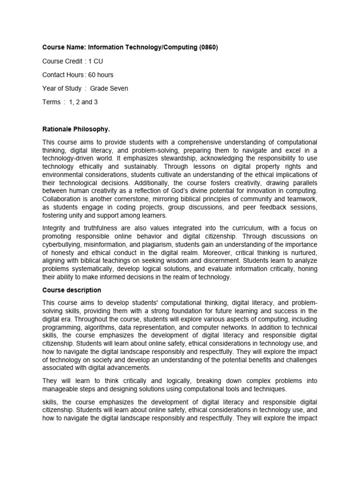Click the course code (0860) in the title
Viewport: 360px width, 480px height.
pos(208,47)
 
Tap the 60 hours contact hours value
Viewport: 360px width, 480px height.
pos(101,75)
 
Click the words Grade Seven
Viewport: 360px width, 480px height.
pos(109,88)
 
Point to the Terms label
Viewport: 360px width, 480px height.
pos(52,102)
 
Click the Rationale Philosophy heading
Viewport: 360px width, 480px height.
pos(76,129)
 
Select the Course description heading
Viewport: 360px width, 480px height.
pos(72,290)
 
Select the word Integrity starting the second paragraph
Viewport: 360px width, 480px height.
pos(55,228)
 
